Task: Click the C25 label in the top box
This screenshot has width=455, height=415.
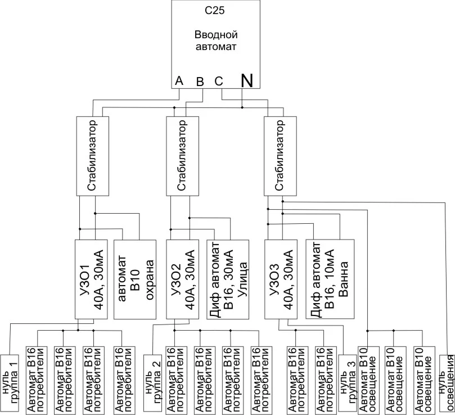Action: pos(215,11)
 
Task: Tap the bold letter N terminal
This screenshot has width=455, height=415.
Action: pos(247,80)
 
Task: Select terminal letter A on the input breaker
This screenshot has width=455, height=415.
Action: pos(179,80)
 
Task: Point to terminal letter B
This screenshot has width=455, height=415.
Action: pos(200,82)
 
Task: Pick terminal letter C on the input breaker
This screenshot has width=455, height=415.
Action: pos(219,82)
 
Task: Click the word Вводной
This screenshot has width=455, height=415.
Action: pos(216,35)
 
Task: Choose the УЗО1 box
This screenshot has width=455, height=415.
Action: pos(91,279)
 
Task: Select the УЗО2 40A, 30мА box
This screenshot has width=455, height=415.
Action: pos(183,279)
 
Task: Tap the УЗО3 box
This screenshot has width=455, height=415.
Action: pos(281,279)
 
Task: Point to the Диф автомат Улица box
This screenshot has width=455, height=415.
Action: pos(227,279)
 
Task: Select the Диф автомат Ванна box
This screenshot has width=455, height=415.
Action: pos(330,279)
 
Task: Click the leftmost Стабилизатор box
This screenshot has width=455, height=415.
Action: pos(93,156)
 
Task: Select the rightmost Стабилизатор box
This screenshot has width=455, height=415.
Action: pos(280,156)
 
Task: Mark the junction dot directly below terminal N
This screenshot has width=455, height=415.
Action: pos(242,107)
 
